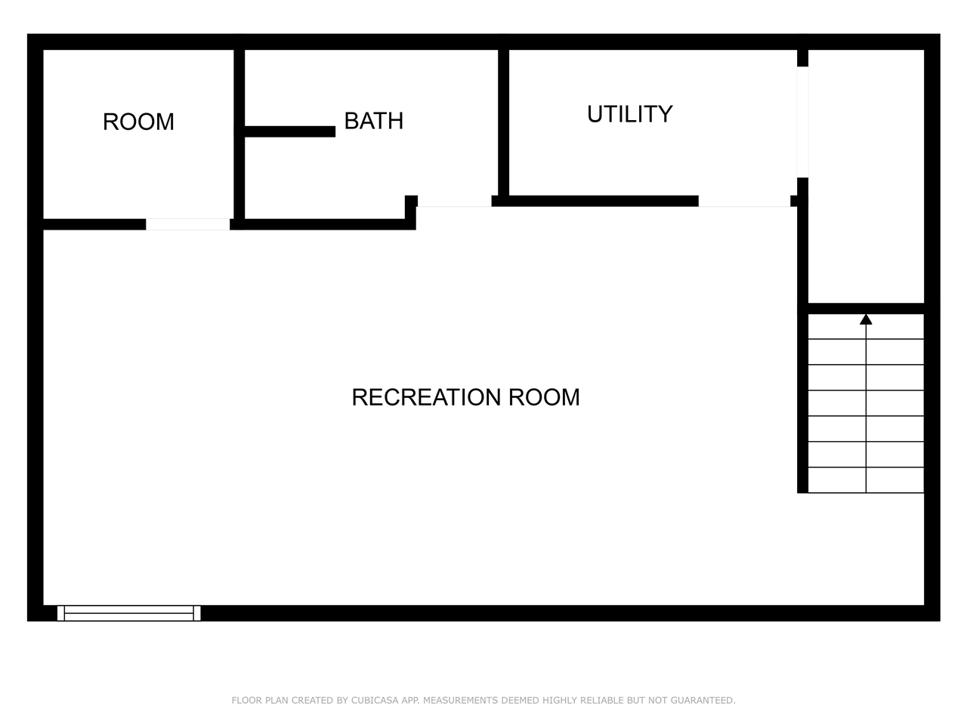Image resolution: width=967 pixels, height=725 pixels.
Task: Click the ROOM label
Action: [x=138, y=122]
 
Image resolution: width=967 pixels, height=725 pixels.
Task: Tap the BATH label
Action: [x=374, y=121]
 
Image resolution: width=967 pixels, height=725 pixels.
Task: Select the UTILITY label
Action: [x=629, y=115]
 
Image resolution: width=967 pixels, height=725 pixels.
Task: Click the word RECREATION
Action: [x=426, y=397]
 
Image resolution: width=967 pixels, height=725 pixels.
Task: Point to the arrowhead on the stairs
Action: [x=866, y=319]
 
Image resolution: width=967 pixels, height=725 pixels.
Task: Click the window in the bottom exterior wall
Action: [x=128, y=613]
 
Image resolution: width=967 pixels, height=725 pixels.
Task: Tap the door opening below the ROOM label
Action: [x=187, y=224]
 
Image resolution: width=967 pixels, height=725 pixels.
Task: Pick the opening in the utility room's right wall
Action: [x=802, y=122]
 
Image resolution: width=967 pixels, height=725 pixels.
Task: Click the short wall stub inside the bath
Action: [x=290, y=131]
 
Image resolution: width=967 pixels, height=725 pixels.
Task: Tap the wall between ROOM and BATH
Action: [x=239, y=134]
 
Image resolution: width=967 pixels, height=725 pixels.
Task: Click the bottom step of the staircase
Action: [x=866, y=480]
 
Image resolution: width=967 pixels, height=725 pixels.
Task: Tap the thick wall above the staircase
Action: [x=866, y=309]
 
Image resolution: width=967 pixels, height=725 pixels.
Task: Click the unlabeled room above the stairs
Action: [x=866, y=176]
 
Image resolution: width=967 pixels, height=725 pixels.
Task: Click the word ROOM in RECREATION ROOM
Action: [x=544, y=397]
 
